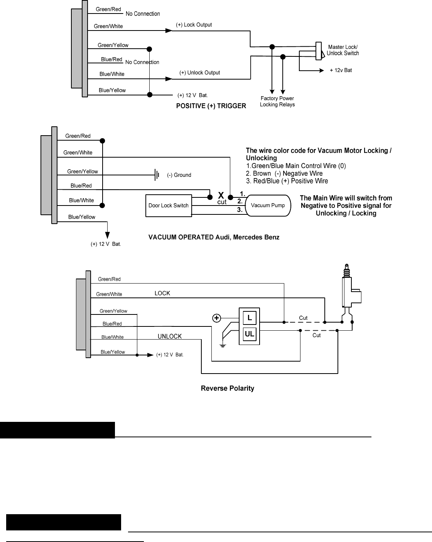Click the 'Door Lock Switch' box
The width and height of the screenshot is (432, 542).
pyautogui.click(x=169, y=205)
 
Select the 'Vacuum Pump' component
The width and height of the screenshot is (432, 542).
pyautogui.click(x=268, y=205)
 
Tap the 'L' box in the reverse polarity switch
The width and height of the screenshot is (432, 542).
pyautogui.click(x=250, y=318)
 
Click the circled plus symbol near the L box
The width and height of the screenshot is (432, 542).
pyautogui.click(x=217, y=318)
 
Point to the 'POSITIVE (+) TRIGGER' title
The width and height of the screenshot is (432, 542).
pyautogui.click(x=211, y=106)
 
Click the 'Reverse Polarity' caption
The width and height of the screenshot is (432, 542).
pyautogui.click(x=228, y=388)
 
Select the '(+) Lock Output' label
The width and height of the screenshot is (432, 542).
pyautogui.click(x=194, y=25)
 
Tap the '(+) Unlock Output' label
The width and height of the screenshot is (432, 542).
pyautogui.click(x=200, y=73)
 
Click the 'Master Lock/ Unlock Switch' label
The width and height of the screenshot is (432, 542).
pyautogui.click(x=343, y=50)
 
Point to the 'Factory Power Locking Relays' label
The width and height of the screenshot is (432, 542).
pyautogui.click(x=277, y=101)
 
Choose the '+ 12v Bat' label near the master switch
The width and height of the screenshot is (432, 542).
pyautogui.click(x=341, y=70)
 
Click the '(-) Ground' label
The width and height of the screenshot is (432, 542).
pyautogui.click(x=179, y=175)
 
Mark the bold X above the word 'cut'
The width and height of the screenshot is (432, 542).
pyautogui.click(x=221, y=195)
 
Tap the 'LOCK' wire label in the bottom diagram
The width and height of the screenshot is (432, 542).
pyautogui.click(x=162, y=293)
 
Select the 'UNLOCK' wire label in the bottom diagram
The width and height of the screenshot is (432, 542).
pyautogui.click(x=170, y=336)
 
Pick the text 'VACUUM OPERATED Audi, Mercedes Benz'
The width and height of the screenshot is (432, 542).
pyautogui.click(x=214, y=237)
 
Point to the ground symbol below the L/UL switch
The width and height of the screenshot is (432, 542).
pyautogui.click(x=223, y=345)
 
